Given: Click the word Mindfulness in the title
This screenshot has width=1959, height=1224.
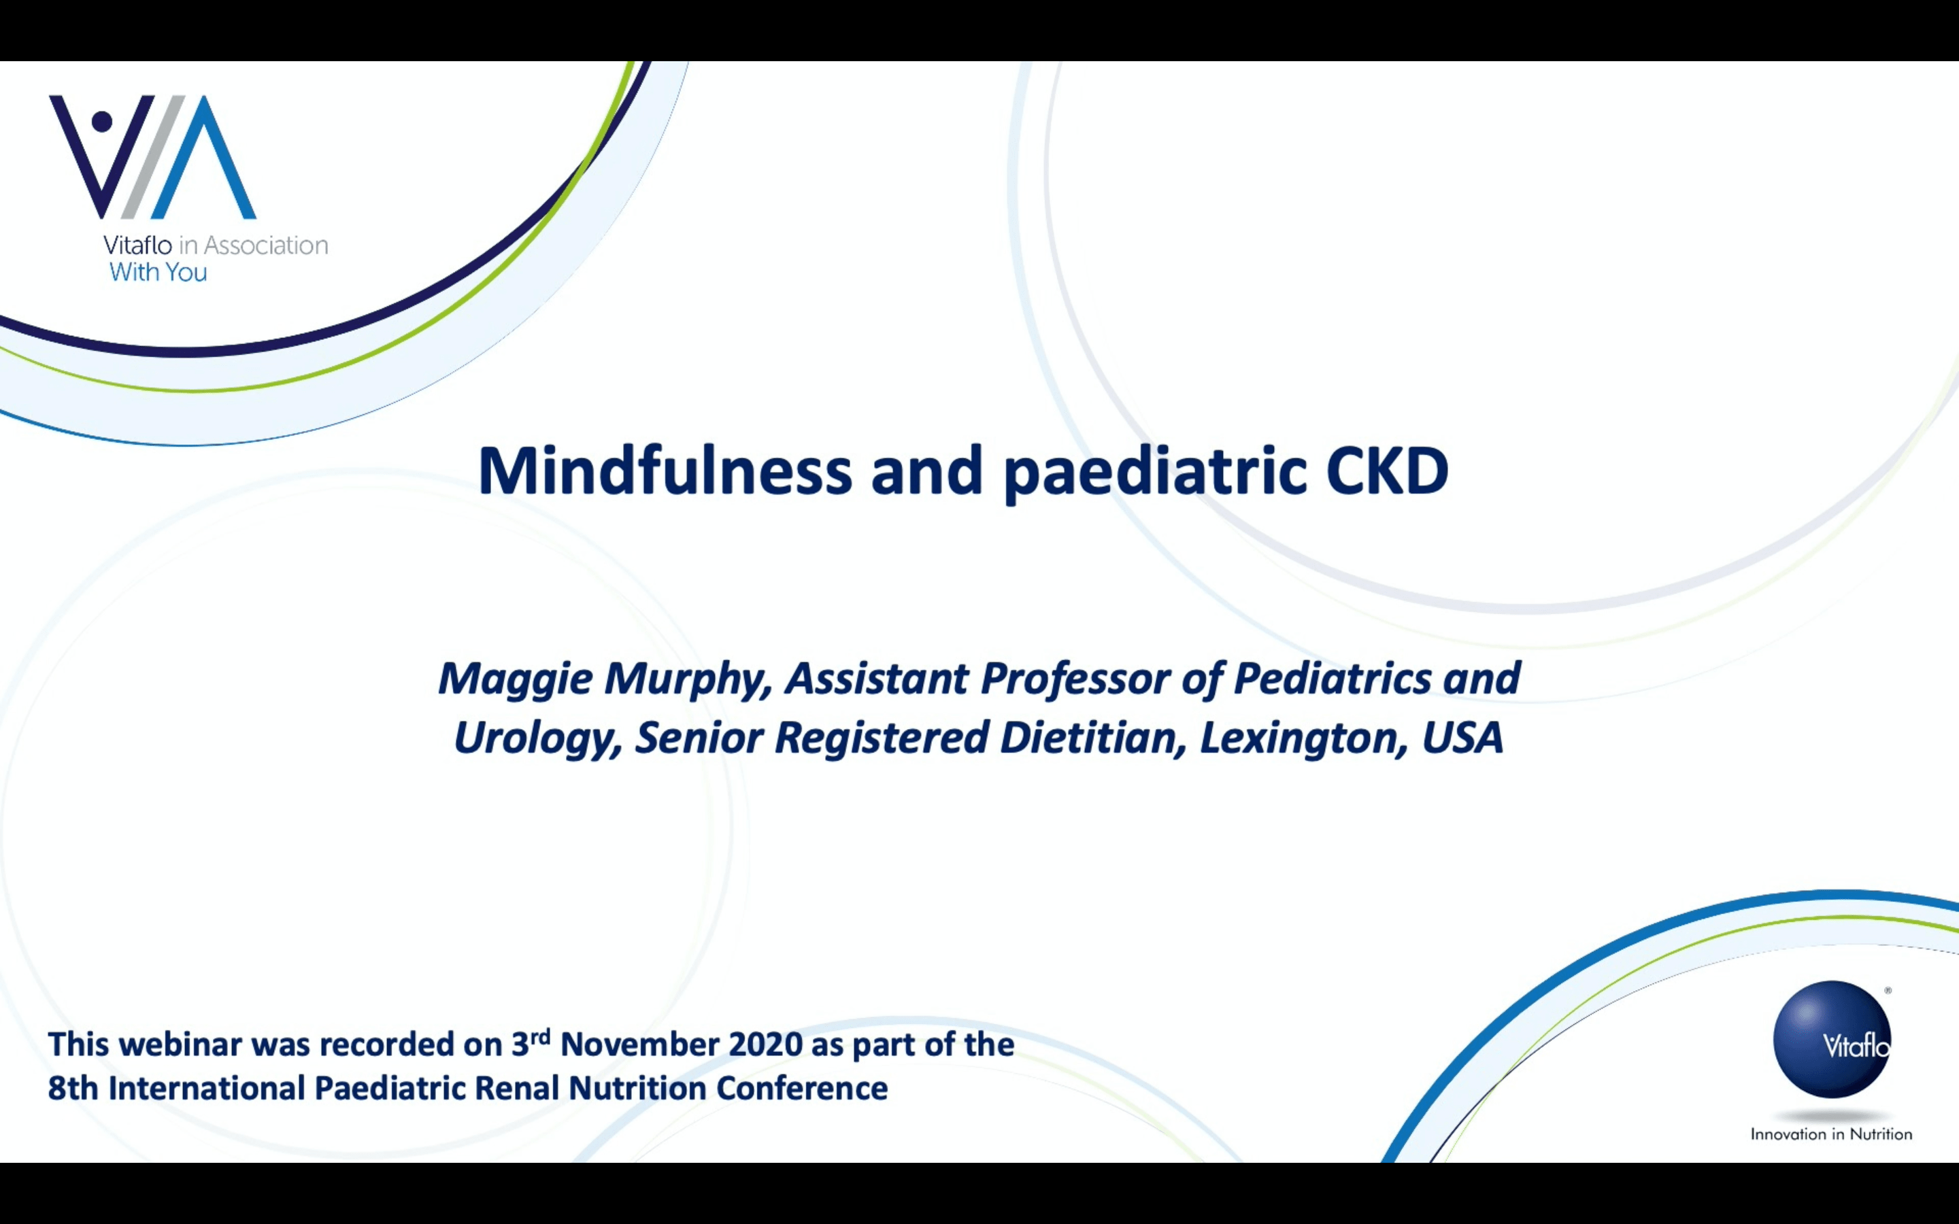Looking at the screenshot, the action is (x=665, y=471).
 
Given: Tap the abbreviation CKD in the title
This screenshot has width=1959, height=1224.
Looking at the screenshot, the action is (x=1387, y=471).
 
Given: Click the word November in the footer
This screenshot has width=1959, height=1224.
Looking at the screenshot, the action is (x=639, y=1044).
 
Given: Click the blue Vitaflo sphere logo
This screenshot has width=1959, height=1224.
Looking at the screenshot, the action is (x=1832, y=1040).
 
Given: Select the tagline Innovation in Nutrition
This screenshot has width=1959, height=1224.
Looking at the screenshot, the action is (x=1831, y=1134).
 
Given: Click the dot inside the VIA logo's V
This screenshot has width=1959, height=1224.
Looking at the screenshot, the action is (x=102, y=122).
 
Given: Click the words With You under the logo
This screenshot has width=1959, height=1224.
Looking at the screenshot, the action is (x=158, y=272).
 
